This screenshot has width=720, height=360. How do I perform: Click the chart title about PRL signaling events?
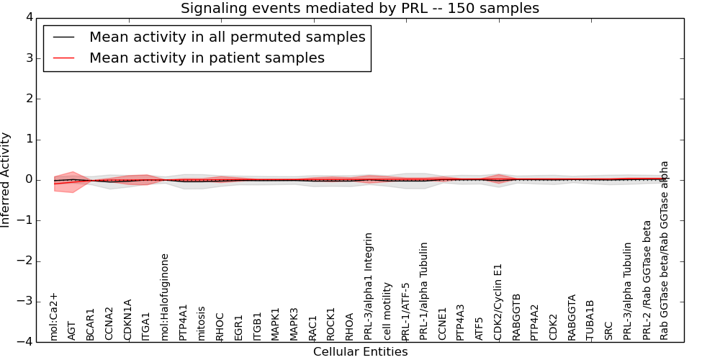[359, 9]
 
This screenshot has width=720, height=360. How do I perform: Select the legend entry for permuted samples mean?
[227, 37]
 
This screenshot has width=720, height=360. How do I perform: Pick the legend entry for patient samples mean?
[207, 58]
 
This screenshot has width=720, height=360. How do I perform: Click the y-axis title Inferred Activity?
[6, 180]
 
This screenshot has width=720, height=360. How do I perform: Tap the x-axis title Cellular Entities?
[360, 352]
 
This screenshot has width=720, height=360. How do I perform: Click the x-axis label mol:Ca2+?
[54, 316]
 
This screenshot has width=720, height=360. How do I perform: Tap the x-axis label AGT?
[72, 330]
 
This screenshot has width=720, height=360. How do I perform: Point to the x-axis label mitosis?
[202, 323]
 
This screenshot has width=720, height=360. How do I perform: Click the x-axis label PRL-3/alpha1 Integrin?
[369, 286]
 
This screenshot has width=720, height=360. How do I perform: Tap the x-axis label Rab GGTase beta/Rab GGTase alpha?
[665, 250]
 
